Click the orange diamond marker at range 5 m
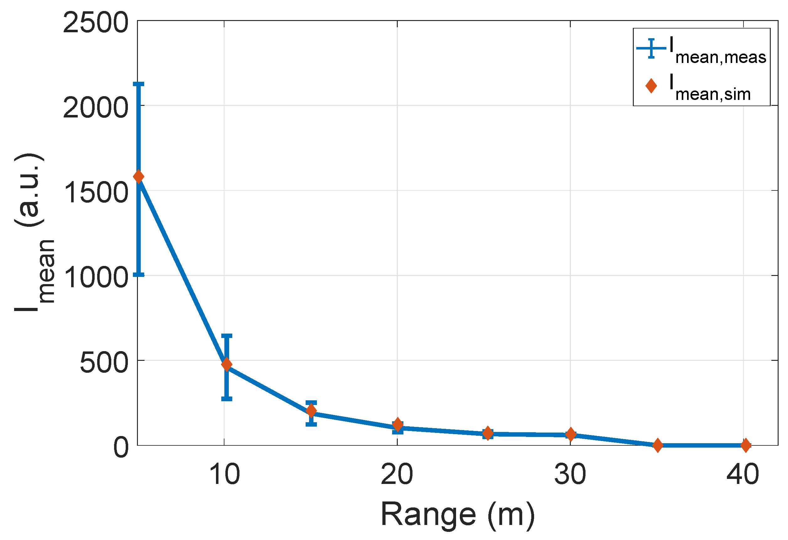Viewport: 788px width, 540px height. coord(139,176)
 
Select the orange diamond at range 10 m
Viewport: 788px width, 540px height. coord(227,365)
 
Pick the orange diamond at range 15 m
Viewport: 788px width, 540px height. coord(311,411)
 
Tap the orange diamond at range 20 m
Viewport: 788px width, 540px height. coord(398,424)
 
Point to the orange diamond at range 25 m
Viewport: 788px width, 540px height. coord(488,433)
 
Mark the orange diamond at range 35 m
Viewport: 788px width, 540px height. coord(658,445)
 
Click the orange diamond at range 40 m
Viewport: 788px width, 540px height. coord(746,445)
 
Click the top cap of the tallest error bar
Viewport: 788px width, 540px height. coord(139,84)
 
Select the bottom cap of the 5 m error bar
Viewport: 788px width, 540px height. coord(139,274)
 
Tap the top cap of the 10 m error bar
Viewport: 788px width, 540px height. coord(227,336)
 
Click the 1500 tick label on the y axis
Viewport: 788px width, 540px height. coord(96,192)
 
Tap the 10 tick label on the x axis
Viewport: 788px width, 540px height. coord(224,475)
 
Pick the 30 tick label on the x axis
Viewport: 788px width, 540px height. coord(570,475)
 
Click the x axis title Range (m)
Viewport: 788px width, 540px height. coord(457,515)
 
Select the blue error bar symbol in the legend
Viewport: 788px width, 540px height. coord(651,49)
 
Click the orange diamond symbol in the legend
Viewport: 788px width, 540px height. coord(651,86)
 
